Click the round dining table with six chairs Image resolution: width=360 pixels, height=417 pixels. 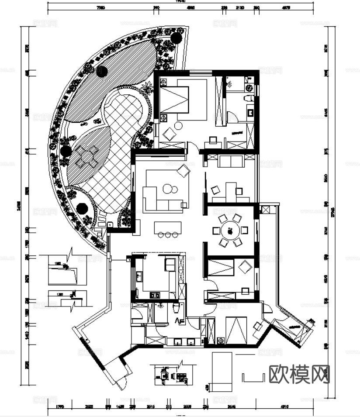coord(230,230)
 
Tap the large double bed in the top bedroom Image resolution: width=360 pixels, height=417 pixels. coord(183,101)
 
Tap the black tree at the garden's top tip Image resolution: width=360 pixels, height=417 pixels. coord(177,38)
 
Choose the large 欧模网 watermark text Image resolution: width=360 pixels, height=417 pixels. coord(299,374)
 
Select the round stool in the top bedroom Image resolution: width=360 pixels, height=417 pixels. coord(178,126)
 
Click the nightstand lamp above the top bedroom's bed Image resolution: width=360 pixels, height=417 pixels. coord(163,82)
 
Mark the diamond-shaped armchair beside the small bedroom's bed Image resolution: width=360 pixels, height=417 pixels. coord(245,266)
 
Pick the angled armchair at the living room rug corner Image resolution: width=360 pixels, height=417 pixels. coord(184,171)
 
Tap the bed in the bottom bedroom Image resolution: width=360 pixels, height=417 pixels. coord(236,330)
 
